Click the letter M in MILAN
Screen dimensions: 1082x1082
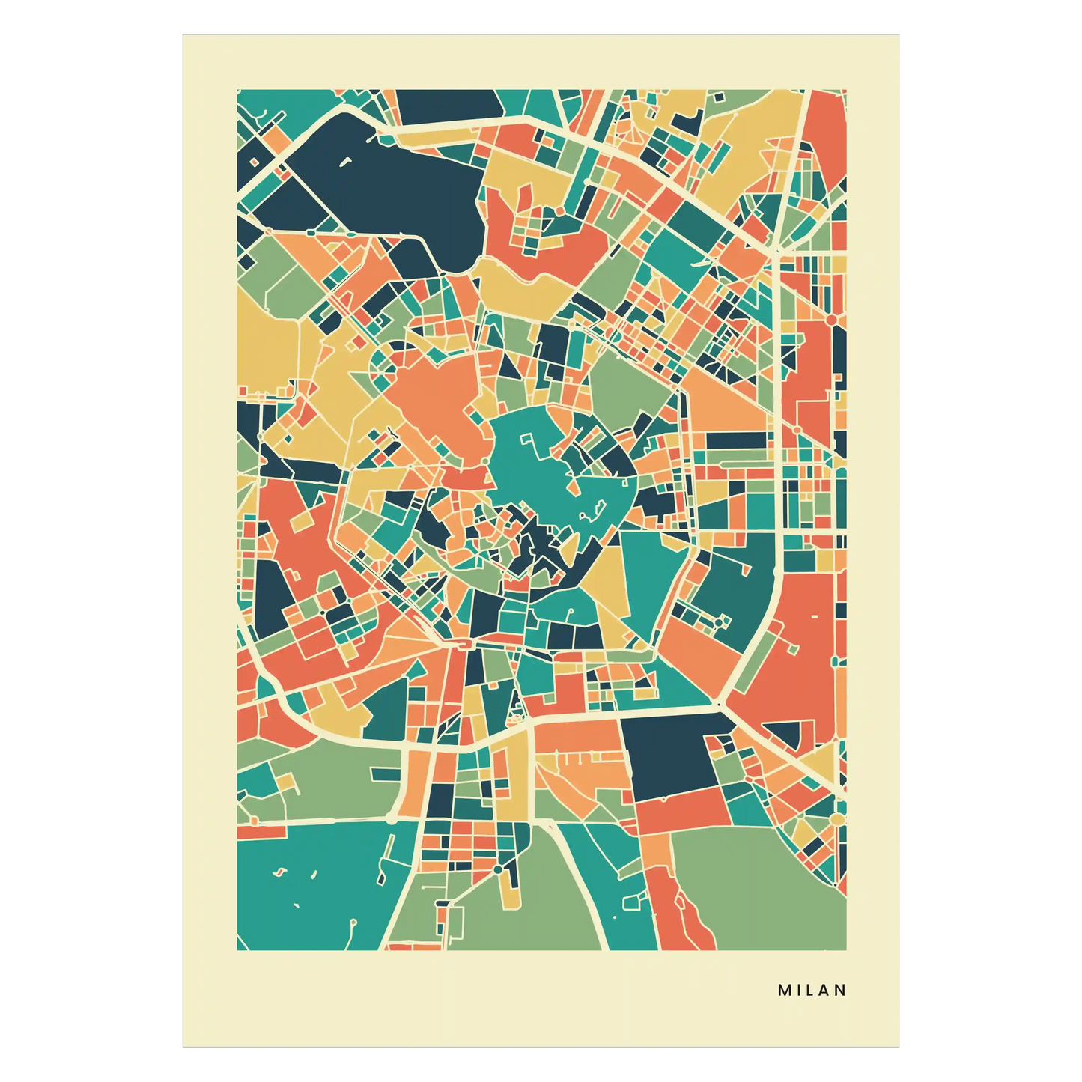coord(784,990)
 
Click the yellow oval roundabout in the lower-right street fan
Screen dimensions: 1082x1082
coord(836,820)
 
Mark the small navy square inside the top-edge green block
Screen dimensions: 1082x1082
coord(720,97)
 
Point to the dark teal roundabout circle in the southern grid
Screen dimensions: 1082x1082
coord(498,869)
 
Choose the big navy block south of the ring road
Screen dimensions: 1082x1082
coord(670,756)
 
